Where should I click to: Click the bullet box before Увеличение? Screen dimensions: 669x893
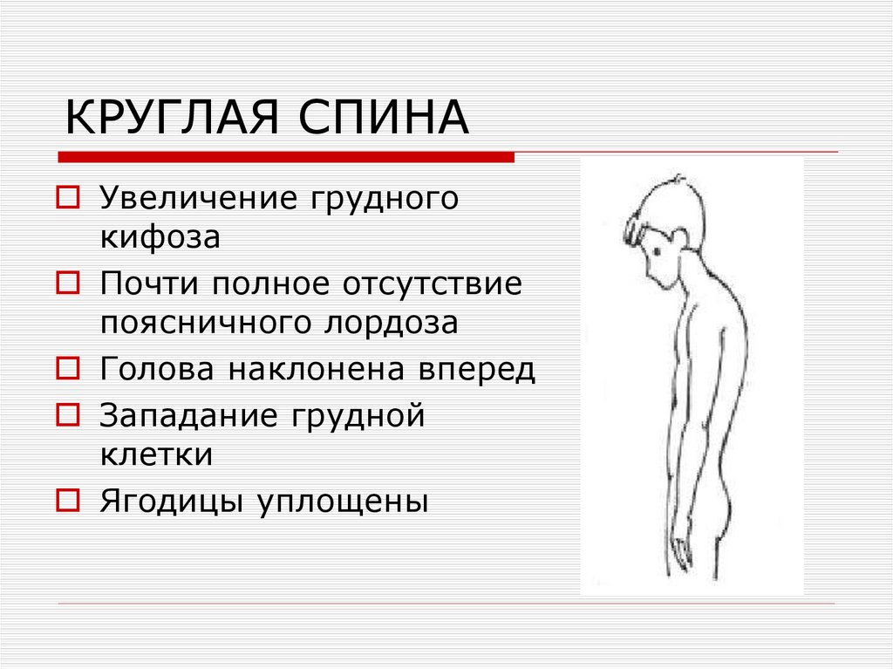pyautogui.click(x=67, y=197)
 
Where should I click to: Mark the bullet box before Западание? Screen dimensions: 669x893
pyautogui.click(x=67, y=415)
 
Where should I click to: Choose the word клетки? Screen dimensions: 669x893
pyautogui.click(x=156, y=454)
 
